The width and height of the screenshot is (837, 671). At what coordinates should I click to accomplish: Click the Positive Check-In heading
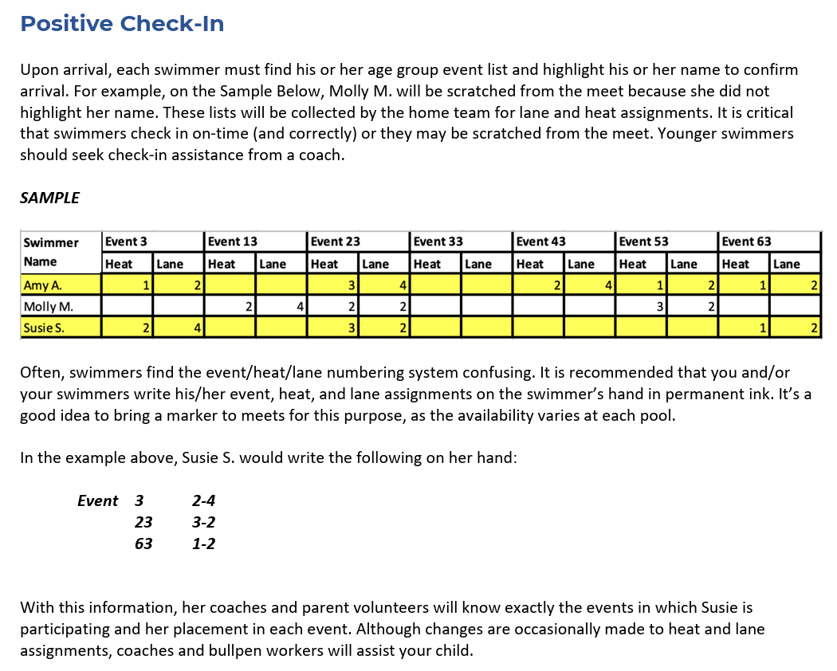click(122, 24)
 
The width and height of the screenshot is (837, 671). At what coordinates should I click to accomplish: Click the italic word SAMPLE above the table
click(49, 198)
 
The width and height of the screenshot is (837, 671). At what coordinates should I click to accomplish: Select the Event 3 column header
click(126, 241)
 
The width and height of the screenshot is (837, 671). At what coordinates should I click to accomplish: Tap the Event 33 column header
click(438, 241)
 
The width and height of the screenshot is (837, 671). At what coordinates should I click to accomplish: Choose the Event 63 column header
click(746, 241)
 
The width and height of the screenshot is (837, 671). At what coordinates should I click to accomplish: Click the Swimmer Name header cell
click(51, 252)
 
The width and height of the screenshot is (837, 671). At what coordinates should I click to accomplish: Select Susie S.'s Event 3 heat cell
click(127, 328)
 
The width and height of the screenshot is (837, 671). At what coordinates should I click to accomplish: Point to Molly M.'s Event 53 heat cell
click(641, 306)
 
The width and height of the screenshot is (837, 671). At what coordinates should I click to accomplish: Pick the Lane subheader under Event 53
click(683, 264)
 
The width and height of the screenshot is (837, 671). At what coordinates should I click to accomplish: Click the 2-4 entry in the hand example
click(203, 501)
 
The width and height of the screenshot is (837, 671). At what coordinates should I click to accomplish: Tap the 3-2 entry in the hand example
click(203, 523)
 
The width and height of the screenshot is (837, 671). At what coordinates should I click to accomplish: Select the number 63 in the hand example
click(143, 544)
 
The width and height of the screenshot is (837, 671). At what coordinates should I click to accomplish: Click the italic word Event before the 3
click(97, 501)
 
